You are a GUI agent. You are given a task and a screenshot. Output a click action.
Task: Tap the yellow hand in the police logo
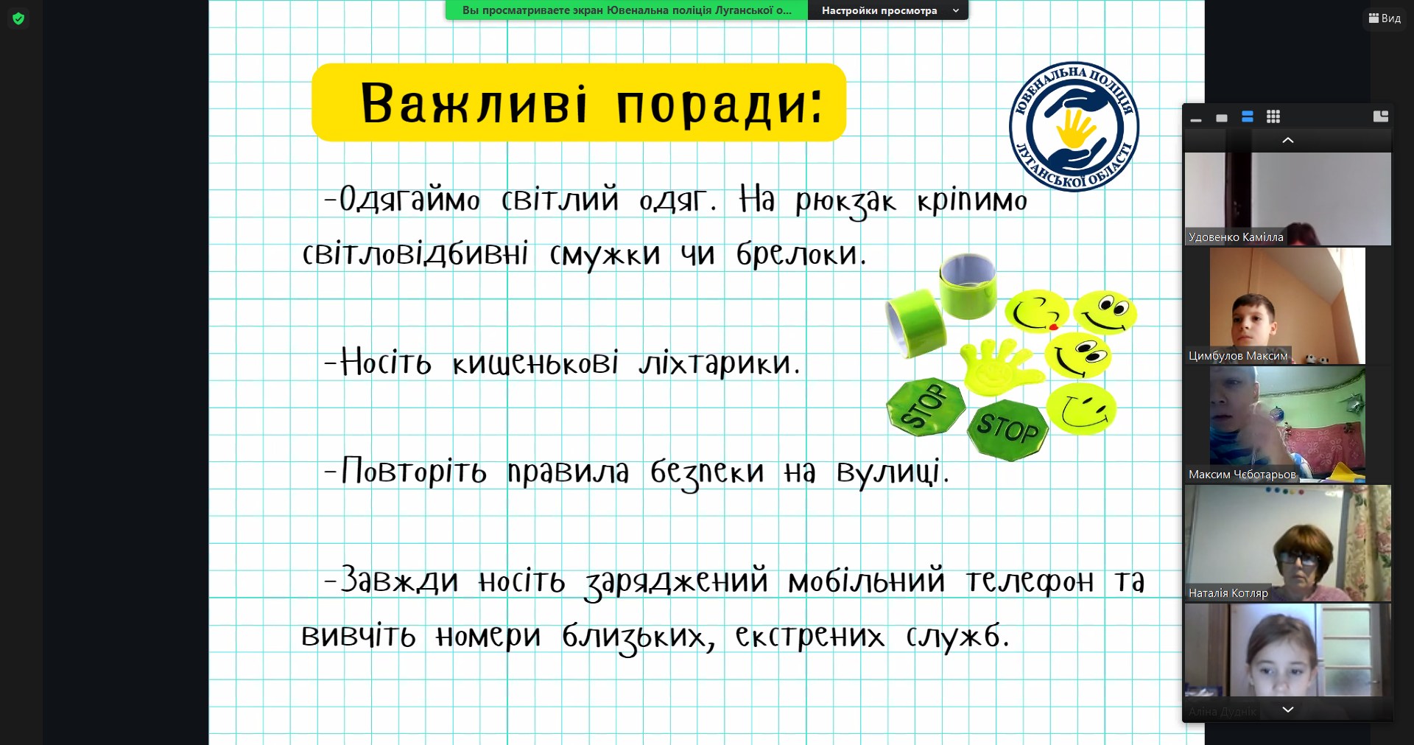[1075, 128]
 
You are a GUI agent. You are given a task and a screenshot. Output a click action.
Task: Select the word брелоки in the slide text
[801, 254]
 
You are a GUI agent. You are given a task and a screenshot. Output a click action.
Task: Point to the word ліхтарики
[719, 363]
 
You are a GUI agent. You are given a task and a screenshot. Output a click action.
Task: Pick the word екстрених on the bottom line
[809, 636]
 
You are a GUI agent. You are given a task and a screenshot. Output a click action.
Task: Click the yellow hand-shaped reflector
[999, 365]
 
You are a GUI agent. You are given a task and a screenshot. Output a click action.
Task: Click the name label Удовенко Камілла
[1236, 237]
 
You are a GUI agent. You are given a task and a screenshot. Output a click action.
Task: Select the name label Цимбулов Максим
[1238, 356]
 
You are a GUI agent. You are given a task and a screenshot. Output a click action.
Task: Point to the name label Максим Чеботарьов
[1242, 475]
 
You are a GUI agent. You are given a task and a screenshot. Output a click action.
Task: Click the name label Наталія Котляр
[1228, 593]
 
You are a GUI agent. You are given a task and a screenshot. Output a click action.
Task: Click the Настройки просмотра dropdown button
[888, 10]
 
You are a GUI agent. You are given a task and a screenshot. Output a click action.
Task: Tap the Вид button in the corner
[1385, 18]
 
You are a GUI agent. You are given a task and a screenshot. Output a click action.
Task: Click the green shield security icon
[18, 18]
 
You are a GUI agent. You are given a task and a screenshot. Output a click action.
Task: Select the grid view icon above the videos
[1273, 116]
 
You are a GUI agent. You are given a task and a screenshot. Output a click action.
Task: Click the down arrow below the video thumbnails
[1288, 710]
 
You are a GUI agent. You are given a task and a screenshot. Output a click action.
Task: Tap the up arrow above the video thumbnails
[1288, 140]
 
